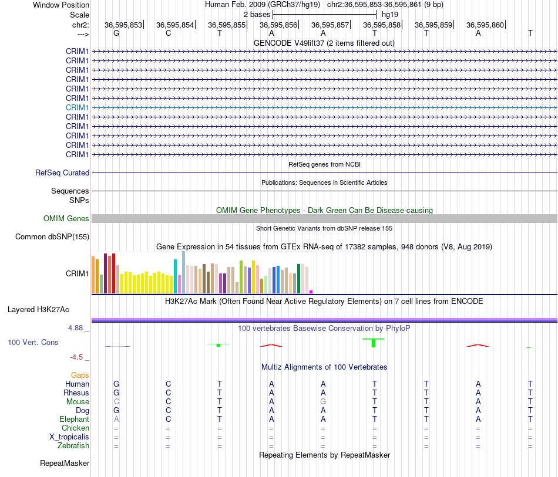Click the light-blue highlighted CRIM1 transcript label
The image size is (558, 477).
pyautogui.click(x=77, y=107)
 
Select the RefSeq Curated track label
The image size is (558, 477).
pyautogui.click(x=62, y=172)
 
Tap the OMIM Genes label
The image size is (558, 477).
pyautogui.click(x=66, y=219)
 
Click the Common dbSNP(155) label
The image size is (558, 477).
pyautogui.click(x=52, y=236)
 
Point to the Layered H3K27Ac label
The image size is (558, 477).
pyautogui.click(x=38, y=310)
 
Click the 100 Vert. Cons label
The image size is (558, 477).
pyautogui.click(x=33, y=342)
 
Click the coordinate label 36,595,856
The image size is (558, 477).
pyautogui.click(x=278, y=25)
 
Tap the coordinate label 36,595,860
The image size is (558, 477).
pyautogui.click(x=485, y=25)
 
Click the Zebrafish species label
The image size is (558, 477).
pyautogui.click(x=73, y=445)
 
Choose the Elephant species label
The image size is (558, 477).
pyautogui.click(x=75, y=419)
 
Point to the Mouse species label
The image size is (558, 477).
pyautogui.click(x=78, y=402)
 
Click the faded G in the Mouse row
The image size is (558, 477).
pyautogui.click(x=323, y=402)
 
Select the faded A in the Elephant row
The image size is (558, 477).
pyautogui.click(x=116, y=419)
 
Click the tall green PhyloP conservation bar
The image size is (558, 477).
pyautogui.click(x=374, y=343)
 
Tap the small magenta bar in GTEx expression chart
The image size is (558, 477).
pyautogui.click(x=311, y=292)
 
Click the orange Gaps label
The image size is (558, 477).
pyautogui.click(x=80, y=375)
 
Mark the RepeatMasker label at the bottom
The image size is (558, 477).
pyautogui.click(x=65, y=463)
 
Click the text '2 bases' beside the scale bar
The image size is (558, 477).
pyautogui.click(x=257, y=15)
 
